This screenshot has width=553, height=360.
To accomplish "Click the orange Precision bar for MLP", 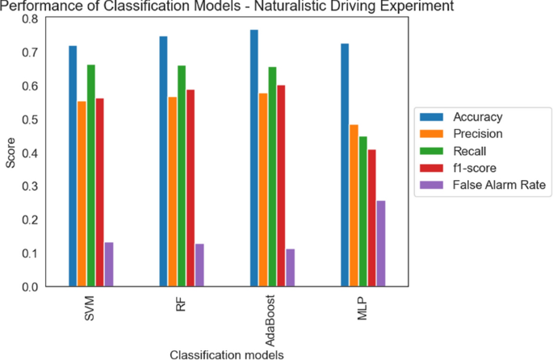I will point(354,206).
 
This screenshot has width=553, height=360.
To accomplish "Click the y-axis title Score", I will point(10,153).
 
